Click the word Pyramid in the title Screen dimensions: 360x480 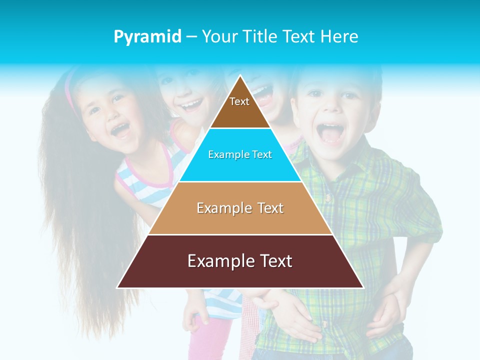(147, 37)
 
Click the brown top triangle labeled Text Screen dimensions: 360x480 (239, 107)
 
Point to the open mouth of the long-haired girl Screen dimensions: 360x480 (120, 130)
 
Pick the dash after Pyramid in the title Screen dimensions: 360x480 (191, 37)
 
